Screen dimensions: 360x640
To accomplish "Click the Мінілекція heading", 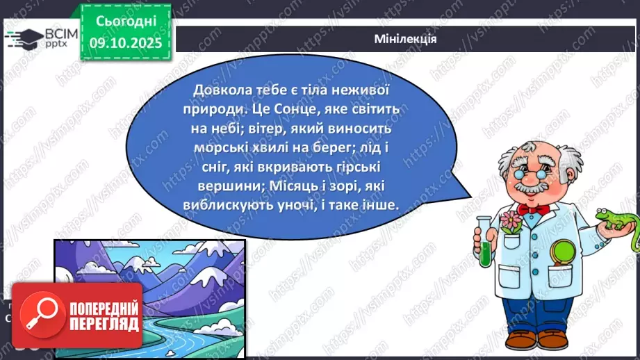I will tap(404, 39).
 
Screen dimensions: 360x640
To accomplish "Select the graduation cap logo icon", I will tap(23, 38).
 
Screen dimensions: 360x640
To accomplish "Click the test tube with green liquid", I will tap(484, 240).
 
